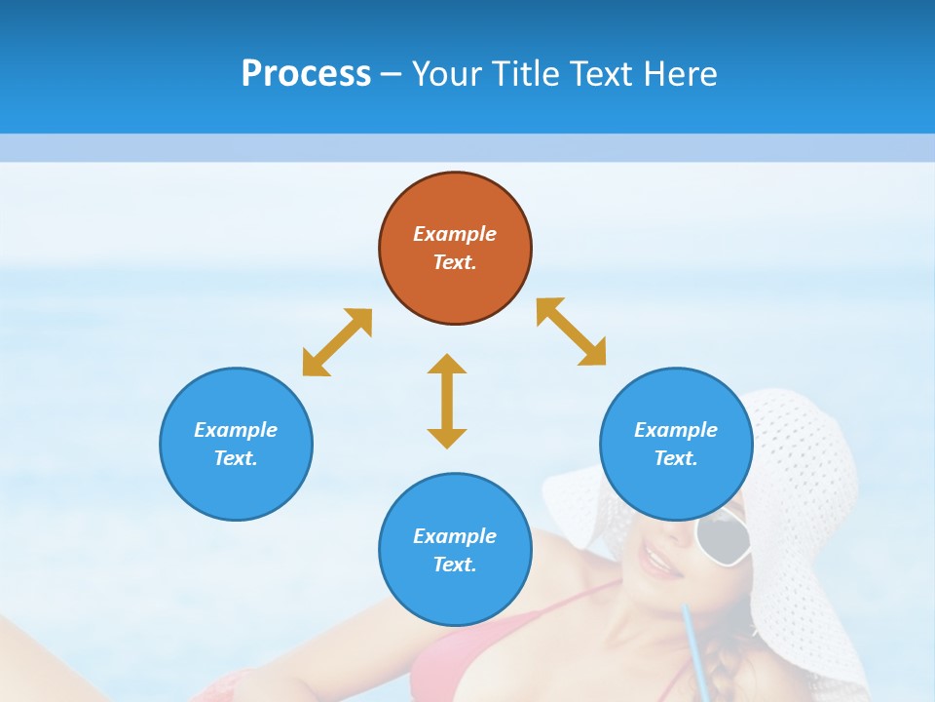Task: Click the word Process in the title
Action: (x=306, y=74)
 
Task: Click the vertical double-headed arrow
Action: (x=447, y=401)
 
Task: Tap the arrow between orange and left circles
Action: (x=337, y=342)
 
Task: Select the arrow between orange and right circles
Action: (x=571, y=331)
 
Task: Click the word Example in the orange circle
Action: (x=455, y=234)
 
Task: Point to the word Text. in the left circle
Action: (x=236, y=458)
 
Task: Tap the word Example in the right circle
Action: (x=676, y=430)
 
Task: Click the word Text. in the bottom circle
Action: (x=455, y=565)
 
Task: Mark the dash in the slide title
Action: (x=391, y=75)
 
